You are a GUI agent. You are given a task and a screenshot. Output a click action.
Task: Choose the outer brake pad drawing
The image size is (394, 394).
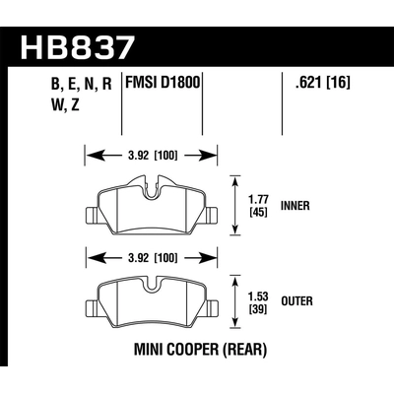[x=152, y=305]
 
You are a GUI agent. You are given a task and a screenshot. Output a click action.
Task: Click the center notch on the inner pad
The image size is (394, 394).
[x=152, y=185]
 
